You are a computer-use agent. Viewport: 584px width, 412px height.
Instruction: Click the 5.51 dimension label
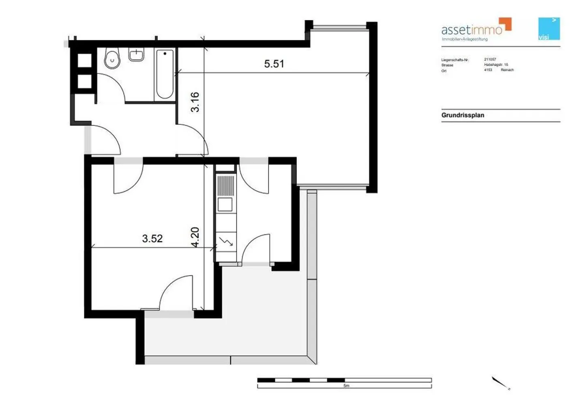(x=274, y=64)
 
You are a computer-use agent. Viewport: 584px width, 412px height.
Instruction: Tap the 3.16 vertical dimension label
(x=195, y=102)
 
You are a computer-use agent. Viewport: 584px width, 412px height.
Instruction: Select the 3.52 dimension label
(x=152, y=238)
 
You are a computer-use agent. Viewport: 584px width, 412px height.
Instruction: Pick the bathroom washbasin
(x=136, y=55)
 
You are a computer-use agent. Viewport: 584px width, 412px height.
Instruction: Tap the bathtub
(x=165, y=74)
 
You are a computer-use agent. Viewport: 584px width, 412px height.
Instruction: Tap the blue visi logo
(x=549, y=29)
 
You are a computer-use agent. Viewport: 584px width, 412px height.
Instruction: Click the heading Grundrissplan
(x=463, y=115)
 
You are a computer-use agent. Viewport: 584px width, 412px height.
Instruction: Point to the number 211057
(x=490, y=59)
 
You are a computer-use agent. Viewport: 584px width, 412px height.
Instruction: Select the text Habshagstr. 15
(x=496, y=65)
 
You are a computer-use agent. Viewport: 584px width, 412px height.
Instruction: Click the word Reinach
(x=507, y=70)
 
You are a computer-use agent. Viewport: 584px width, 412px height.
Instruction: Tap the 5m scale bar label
(x=346, y=386)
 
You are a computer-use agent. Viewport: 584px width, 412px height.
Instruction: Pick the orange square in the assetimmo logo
(x=506, y=24)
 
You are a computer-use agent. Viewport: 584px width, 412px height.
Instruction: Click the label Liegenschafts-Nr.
(x=455, y=60)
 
